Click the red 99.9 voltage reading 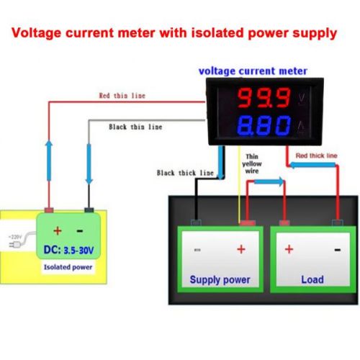click(x=264, y=97)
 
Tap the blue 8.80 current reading click(x=264, y=125)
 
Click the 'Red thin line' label click(x=122, y=96)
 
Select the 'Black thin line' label click(x=135, y=127)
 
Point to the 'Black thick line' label click(x=185, y=173)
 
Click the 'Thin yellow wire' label click(x=252, y=163)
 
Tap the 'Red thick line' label click(x=316, y=156)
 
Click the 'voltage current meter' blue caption click(x=253, y=71)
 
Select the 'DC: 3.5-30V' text click(x=68, y=250)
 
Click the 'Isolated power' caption click(x=68, y=267)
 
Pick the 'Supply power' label click(x=220, y=280)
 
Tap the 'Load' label click(x=312, y=279)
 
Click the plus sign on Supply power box click(x=241, y=249)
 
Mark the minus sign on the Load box click(x=338, y=250)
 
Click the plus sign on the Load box click(x=289, y=249)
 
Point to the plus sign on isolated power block click(x=58, y=230)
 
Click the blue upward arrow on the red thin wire click(x=49, y=161)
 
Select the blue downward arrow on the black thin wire click(x=89, y=163)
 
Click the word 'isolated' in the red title click(x=217, y=33)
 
